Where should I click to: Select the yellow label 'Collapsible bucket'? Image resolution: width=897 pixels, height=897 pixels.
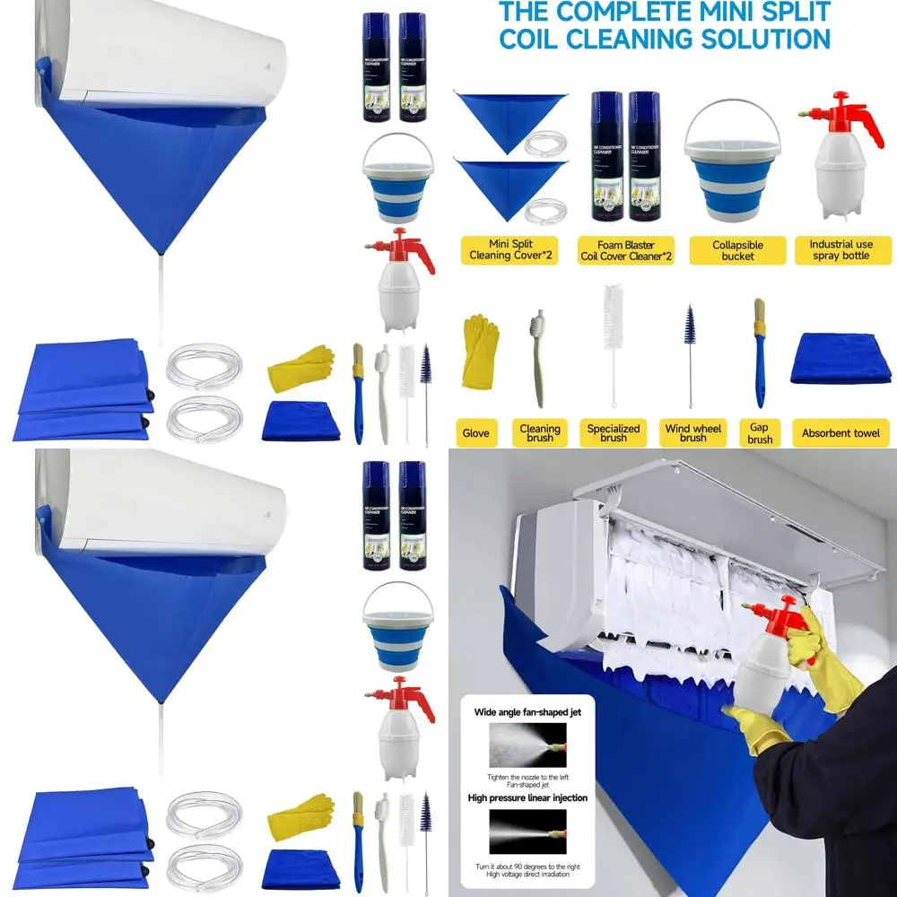[x=737, y=250]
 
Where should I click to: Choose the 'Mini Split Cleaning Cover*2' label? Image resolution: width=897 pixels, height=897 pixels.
[x=509, y=250]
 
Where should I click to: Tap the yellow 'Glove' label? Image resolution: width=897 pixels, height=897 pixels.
[x=475, y=433]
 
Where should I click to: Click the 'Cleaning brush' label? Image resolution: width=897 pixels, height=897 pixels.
[x=540, y=433]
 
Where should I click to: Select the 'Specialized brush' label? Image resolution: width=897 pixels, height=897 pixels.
[x=614, y=433]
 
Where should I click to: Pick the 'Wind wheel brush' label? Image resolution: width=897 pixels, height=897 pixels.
[x=692, y=433]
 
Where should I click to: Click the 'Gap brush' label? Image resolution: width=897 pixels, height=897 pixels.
[x=760, y=433]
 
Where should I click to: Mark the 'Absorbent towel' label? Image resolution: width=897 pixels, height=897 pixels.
[x=840, y=433]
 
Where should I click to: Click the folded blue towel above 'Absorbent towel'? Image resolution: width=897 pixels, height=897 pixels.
[x=840, y=359]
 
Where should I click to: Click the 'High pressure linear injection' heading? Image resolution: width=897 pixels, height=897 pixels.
[x=527, y=797]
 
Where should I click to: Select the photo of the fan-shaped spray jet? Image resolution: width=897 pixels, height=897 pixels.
[x=527, y=745]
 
